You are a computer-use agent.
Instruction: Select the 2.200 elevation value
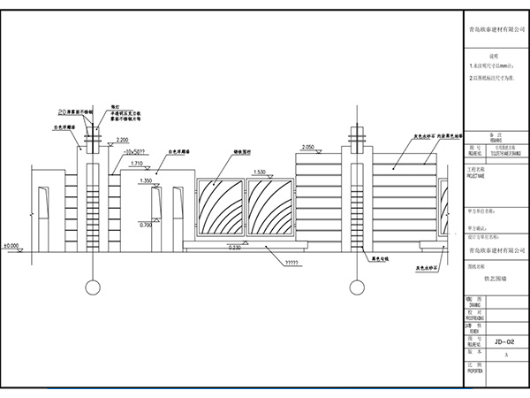[122, 141]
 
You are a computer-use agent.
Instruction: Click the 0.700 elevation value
[147, 226]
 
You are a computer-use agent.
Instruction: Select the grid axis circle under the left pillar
[91, 287]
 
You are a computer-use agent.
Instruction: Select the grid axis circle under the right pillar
[357, 287]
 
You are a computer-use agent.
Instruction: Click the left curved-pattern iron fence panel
[218, 210]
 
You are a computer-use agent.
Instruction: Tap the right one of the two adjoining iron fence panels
[274, 210]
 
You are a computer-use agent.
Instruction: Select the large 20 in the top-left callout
[63, 112]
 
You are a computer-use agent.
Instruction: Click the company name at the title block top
[496, 29]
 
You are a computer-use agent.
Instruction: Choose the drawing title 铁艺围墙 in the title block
[496, 276]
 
